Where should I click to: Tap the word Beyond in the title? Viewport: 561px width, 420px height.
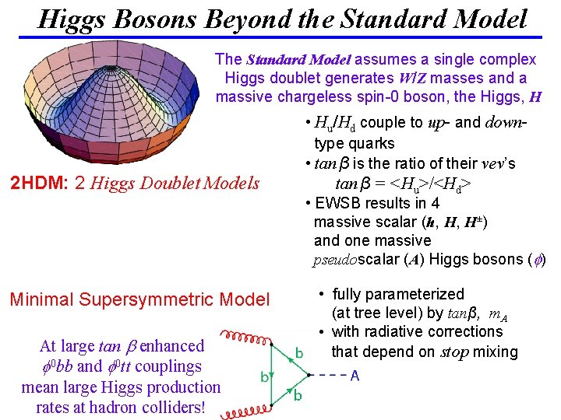pyautogui.click(x=299, y=18)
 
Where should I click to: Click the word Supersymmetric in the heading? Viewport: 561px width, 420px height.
pyautogui.click(x=160, y=299)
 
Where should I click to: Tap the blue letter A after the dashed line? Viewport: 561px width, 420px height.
pyautogui.click(x=355, y=376)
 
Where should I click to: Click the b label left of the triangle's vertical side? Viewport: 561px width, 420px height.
pyautogui.click(x=264, y=378)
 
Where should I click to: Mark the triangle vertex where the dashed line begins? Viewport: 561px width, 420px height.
pyautogui.click(x=309, y=376)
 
